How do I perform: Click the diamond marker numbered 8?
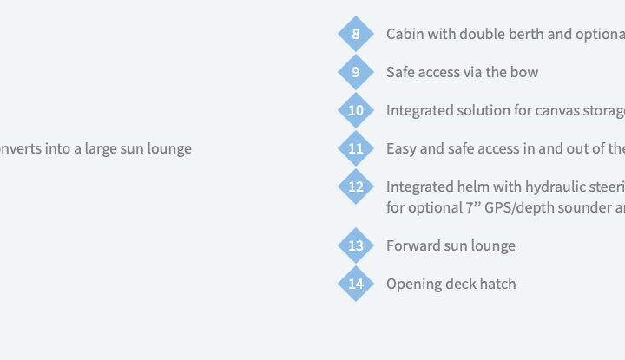[356, 34]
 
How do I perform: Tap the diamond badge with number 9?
[356, 72]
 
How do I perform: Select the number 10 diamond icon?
[356, 110]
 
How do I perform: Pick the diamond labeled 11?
[356, 148]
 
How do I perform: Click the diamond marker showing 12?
[356, 187]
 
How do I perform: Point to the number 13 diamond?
[356, 245]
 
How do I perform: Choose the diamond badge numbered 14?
[356, 284]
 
